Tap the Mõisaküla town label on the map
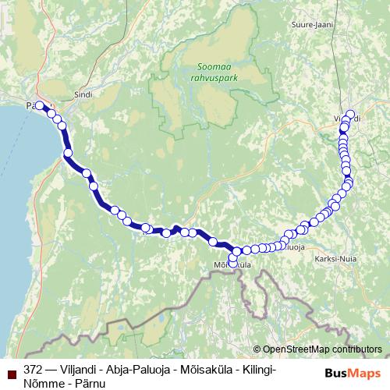(x=232, y=264)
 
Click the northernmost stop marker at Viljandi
(x=350, y=113)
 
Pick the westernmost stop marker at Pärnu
(x=37, y=105)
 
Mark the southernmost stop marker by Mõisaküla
(x=232, y=261)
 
